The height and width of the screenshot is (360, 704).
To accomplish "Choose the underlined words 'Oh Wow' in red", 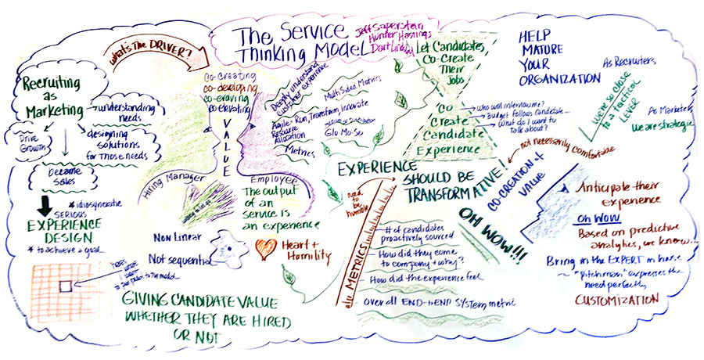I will click(x=594, y=217).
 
